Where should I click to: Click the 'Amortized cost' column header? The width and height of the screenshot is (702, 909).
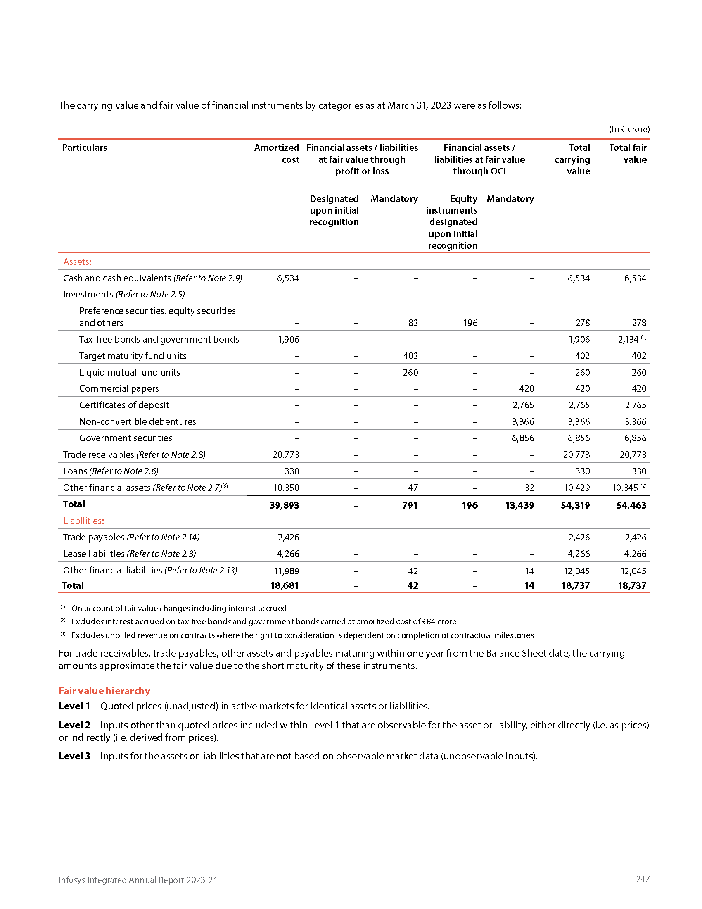pos(277,154)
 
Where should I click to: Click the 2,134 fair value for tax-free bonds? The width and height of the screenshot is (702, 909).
pos(628,339)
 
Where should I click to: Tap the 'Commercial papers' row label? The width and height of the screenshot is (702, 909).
pos(119,388)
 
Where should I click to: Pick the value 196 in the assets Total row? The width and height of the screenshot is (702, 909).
pos(470,505)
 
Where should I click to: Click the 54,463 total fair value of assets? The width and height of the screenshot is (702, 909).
pos(631,505)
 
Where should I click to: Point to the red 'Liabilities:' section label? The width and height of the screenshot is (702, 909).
pos(83,521)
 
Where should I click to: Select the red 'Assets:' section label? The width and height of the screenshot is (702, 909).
pos(77,262)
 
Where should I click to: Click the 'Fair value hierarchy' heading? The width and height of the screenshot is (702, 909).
pos(104,690)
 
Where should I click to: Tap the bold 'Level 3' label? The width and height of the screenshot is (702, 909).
pos(74,756)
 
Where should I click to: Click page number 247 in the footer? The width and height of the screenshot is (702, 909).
pos(643,879)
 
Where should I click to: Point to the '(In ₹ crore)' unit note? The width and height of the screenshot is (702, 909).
pos(629,129)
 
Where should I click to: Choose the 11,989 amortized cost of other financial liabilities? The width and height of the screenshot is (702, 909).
pos(287,571)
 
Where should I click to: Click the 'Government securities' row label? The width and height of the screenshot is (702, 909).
pos(126,438)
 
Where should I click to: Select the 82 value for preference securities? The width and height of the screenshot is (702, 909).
pos(413,323)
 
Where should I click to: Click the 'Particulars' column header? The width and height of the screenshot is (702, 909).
pos(84,148)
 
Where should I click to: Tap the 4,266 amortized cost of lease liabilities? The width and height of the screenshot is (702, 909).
pos(288,554)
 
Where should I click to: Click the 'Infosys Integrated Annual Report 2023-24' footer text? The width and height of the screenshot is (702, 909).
pos(138,880)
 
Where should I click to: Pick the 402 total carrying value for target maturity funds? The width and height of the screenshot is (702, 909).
pos(582,356)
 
